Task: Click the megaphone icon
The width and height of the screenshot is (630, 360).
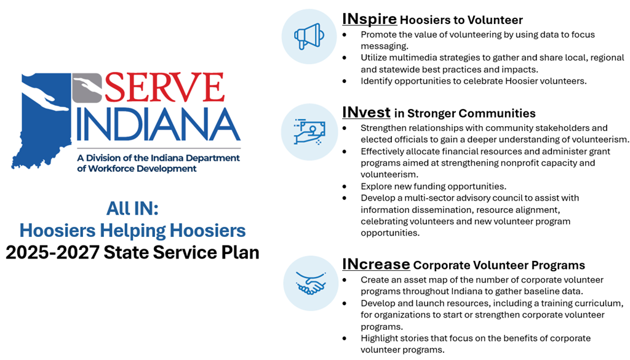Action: (309, 36)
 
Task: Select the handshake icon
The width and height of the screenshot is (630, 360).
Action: (311, 283)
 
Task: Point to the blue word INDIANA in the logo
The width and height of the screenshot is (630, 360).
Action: (158, 125)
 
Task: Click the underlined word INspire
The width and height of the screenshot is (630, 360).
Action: (369, 19)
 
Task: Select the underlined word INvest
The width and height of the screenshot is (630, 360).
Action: (366, 113)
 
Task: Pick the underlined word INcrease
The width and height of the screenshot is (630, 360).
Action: (376, 265)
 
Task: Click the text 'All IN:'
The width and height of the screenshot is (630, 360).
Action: (132, 209)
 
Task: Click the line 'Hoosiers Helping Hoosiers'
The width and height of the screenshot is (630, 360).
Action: (132, 231)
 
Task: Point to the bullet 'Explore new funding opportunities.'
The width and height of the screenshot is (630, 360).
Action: (433, 186)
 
